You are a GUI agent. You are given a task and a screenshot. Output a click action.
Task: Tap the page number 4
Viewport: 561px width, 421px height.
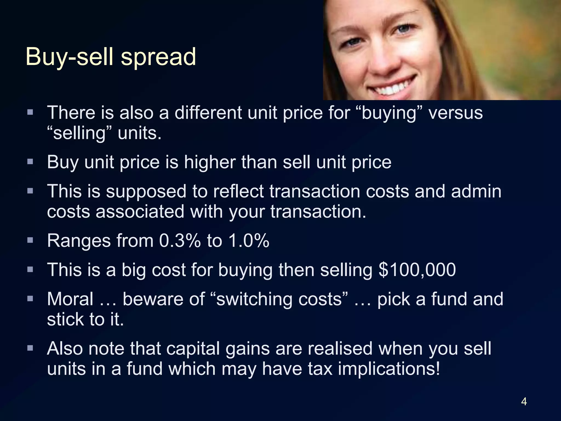[524, 402]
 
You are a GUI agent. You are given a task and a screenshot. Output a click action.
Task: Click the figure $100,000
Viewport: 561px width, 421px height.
[417, 269]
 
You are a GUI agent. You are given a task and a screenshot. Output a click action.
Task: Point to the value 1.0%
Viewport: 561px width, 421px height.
[249, 241]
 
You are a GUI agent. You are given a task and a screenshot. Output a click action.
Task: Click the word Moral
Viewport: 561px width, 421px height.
[70, 299]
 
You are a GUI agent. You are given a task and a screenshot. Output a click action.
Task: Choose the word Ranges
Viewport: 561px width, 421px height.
[79, 241]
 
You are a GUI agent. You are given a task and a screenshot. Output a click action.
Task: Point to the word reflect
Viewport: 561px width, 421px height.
[238, 191]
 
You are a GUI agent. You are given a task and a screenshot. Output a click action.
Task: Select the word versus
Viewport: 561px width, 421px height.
[455, 113]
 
